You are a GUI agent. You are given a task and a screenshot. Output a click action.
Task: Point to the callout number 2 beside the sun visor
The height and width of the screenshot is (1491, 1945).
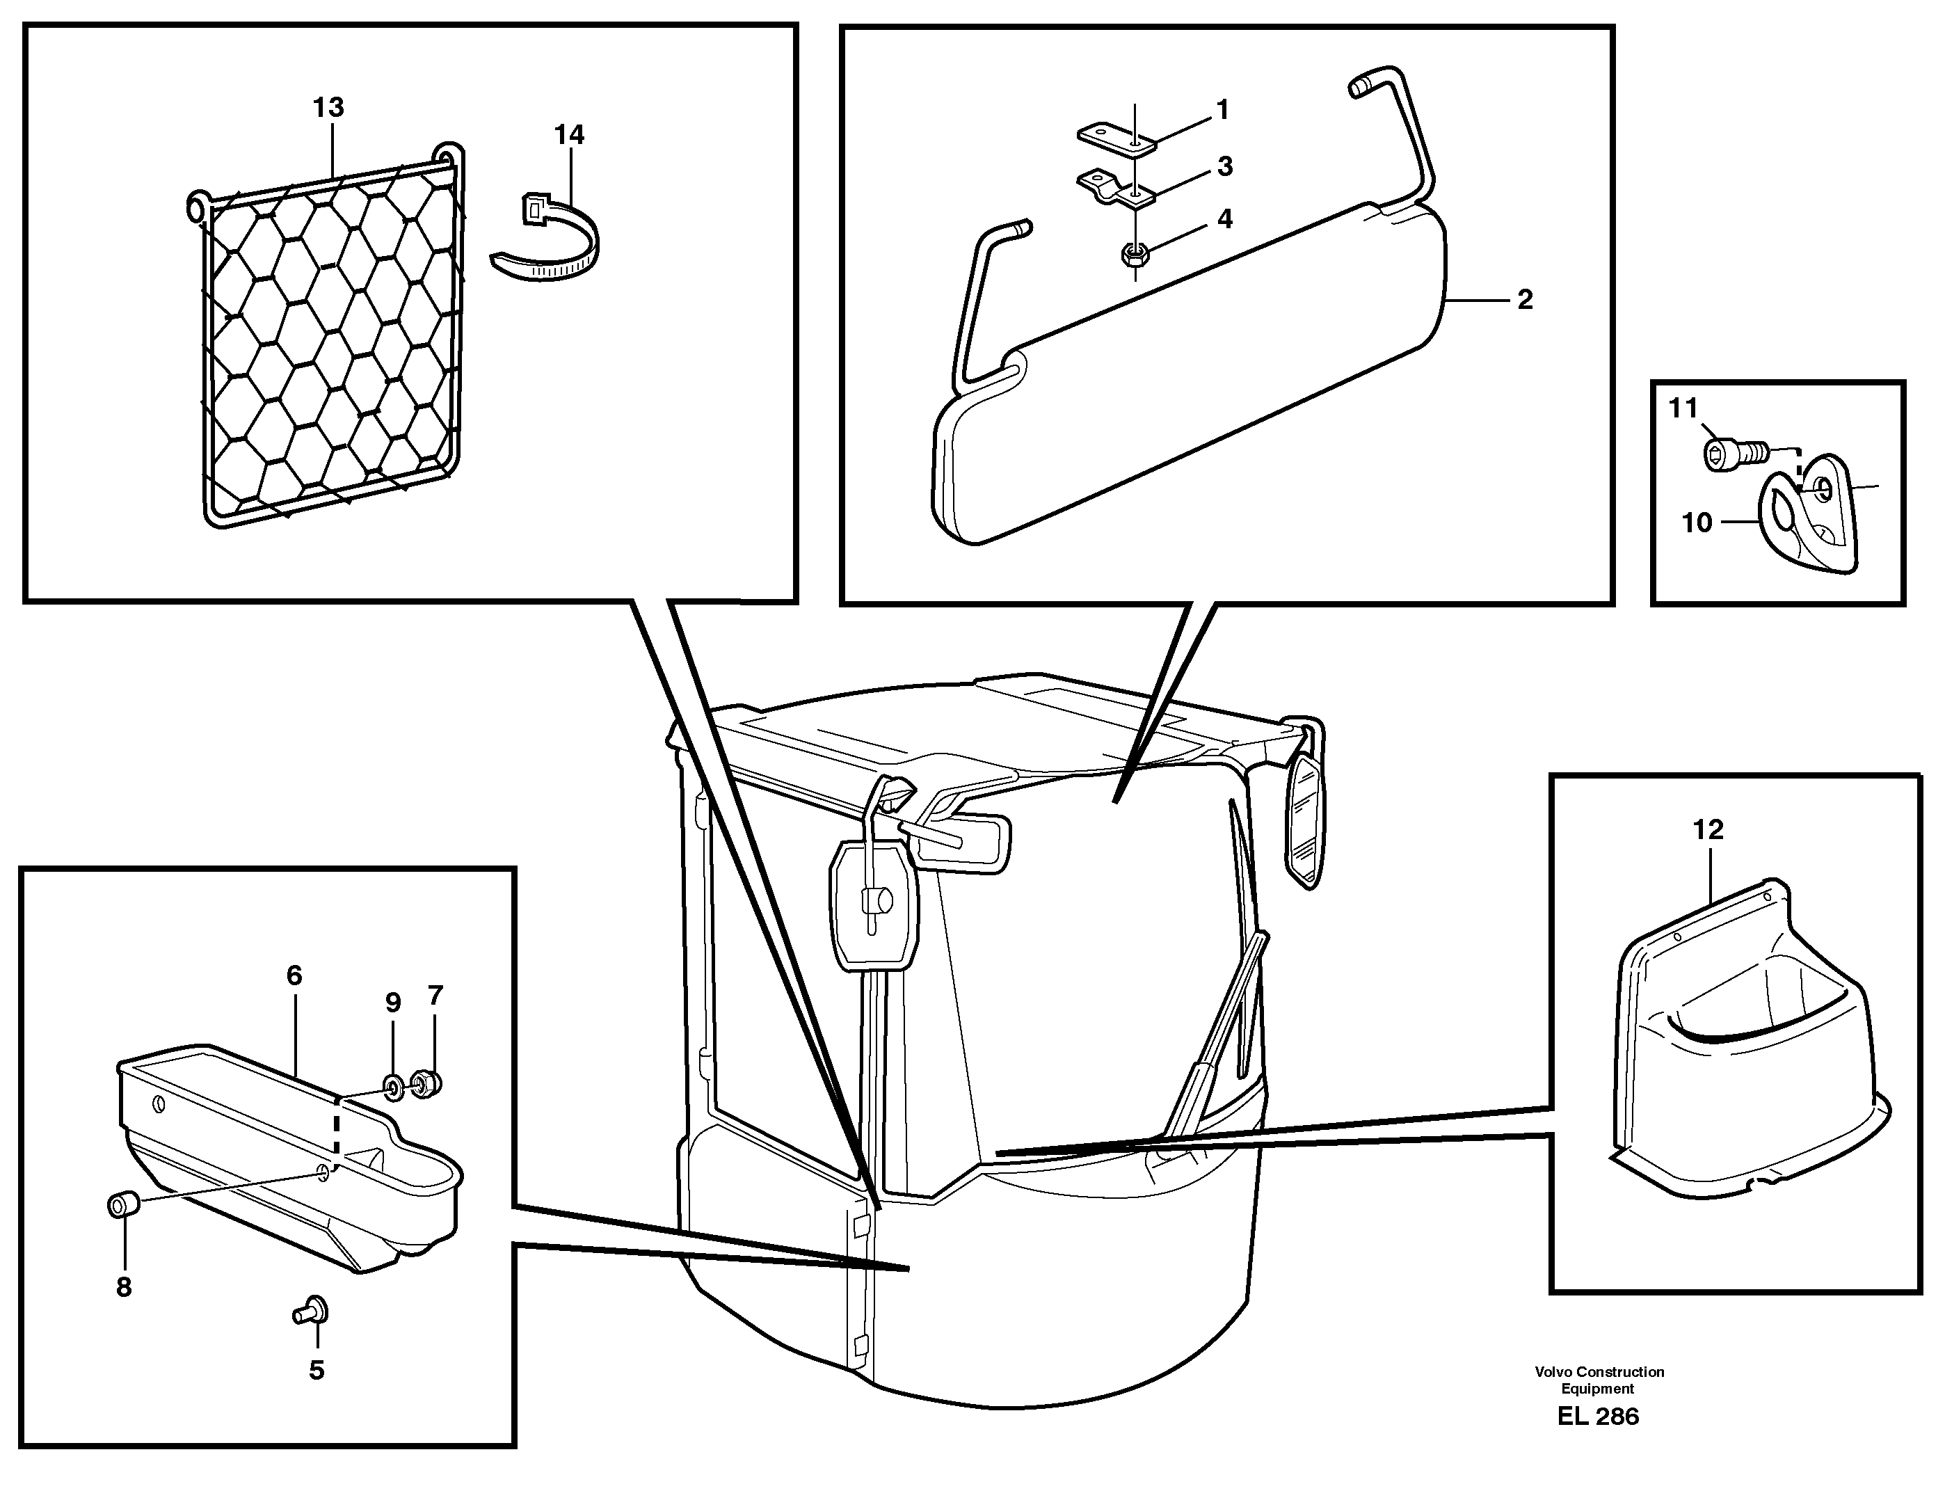click(1524, 300)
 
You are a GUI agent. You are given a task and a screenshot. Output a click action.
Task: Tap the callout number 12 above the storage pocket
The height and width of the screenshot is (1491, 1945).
click(1707, 830)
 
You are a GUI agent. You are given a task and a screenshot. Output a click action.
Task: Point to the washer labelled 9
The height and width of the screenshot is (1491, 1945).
click(392, 1085)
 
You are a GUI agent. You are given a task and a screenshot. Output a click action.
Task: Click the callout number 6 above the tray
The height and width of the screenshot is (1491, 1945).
click(294, 976)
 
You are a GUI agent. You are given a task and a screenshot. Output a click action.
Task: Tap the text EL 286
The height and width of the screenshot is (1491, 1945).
click(1597, 1417)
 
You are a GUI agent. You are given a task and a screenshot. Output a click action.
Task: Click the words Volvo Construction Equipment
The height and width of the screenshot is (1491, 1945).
click(1599, 1380)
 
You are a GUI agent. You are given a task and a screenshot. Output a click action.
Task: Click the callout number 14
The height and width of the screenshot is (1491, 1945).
click(569, 136)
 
